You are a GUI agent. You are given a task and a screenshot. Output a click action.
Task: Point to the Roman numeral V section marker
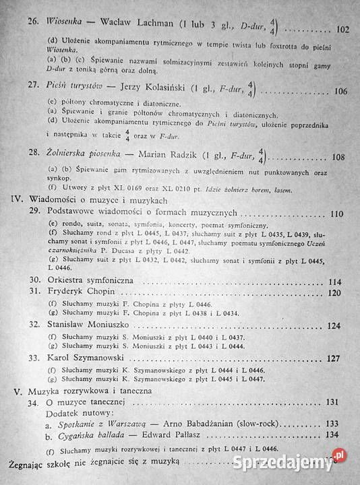click(18, 391)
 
